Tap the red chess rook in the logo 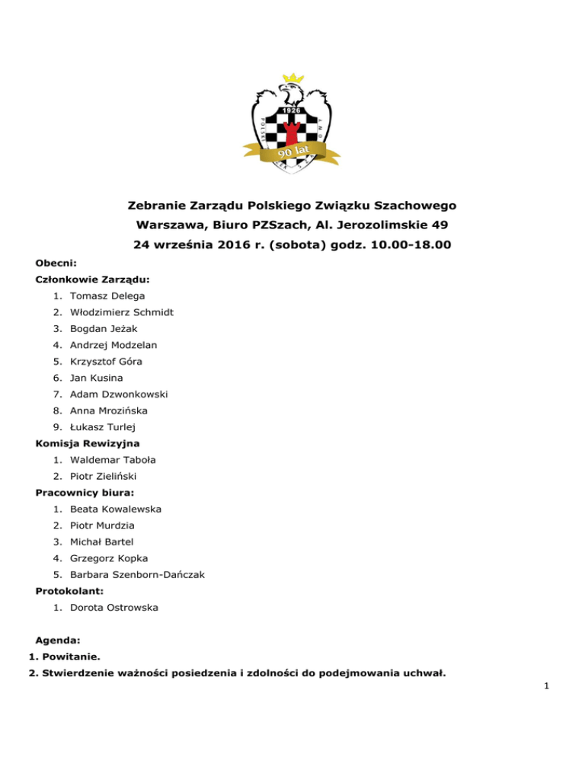[x=291, y=131]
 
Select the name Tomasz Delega [x=107, y=295]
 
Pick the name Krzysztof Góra [x=106, y=361]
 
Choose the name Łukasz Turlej [x=102, y=426]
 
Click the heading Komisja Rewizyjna [x=88, y=443]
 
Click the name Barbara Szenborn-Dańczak [x=139, y=574]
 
